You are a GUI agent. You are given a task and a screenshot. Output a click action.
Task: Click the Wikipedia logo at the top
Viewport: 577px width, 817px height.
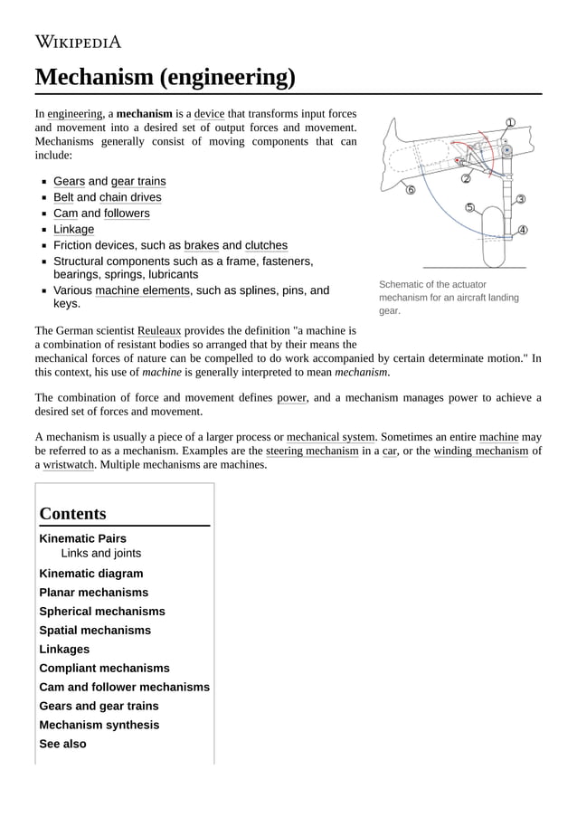point(78,41)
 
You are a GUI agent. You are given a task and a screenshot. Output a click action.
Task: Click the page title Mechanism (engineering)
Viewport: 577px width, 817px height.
point(165,77)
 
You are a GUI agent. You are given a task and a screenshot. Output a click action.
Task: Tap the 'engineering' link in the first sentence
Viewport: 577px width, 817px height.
point(74,114)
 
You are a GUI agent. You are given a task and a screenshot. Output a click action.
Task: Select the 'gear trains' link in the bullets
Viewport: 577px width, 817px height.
point(138,181)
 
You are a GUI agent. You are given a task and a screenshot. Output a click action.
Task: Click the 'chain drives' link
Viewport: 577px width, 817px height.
point(130,197)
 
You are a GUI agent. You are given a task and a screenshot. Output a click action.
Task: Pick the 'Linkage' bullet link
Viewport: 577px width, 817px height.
point(73,229)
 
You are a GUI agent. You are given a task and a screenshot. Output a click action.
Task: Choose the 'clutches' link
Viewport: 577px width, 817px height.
point(266,245)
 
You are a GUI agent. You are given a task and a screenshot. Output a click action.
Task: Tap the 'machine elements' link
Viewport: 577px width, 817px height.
point(143,290)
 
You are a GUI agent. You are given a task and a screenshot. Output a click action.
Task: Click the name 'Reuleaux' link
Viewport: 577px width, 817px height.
point(159,331)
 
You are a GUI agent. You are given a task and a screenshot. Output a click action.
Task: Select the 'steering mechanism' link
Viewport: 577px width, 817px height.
point(312,451)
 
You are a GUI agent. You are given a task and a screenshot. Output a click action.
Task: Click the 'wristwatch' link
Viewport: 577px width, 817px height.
point(69,465)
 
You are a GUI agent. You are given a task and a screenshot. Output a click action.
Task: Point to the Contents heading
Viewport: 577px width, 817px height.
point(73,513)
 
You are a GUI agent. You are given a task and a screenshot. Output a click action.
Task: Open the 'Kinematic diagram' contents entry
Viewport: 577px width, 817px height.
point(90,573)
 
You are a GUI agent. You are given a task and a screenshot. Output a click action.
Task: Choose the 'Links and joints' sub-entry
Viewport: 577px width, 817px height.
point(100,553)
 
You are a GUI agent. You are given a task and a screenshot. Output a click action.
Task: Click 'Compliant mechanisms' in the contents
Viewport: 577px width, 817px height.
point(104,668)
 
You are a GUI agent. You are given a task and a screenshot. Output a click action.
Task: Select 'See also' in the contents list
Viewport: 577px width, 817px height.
point(62,744)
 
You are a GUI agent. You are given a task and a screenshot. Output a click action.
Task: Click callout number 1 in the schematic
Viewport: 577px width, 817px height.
point(510,123)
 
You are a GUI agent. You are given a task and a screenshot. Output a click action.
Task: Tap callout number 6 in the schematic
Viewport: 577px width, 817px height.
point(410,189)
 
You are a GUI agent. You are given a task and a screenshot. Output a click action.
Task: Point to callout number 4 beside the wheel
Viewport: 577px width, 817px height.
point(523,230)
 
